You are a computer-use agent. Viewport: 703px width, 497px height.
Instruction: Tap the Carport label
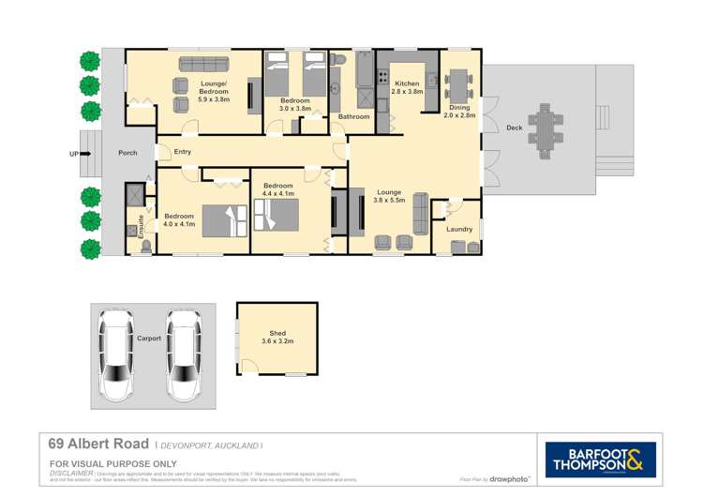pos(148,339)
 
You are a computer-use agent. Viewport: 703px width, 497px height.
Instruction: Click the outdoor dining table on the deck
pos(544,126)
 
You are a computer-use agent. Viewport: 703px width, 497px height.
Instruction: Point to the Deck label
pos(514,128)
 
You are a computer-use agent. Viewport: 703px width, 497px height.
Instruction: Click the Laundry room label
pos(459,229)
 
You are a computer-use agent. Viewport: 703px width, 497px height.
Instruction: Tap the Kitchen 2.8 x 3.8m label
pos(408,87)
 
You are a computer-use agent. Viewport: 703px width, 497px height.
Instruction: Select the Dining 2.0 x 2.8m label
pos(459,111)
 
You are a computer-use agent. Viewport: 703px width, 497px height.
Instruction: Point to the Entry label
pos(182,152)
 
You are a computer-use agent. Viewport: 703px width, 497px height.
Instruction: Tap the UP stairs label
pos(73,153)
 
